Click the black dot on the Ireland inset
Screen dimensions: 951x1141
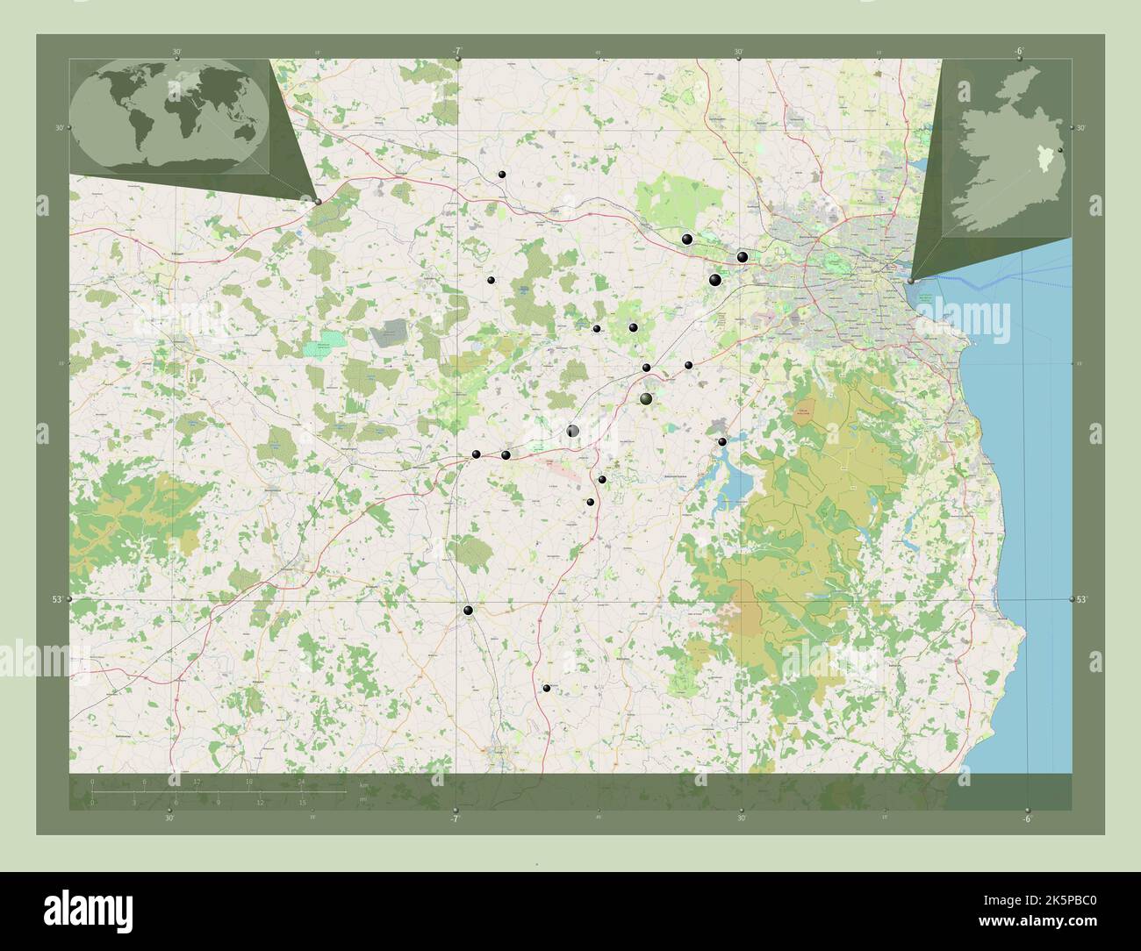(1061, 152)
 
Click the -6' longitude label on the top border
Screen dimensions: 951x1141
(1018, 51)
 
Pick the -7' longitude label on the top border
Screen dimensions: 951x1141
(457, 51)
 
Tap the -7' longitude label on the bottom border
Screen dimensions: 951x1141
(454, 819)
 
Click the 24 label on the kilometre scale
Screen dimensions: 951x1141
(301, 781)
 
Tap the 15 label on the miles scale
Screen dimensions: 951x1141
(301, 802)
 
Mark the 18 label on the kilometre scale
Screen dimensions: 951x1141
(249, 781)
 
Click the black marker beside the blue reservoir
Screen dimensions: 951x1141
(722, 441)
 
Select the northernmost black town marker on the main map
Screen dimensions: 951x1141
(501, 175)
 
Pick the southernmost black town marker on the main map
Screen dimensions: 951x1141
(546, 689)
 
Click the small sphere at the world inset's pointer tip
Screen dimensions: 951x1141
(318, 201)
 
